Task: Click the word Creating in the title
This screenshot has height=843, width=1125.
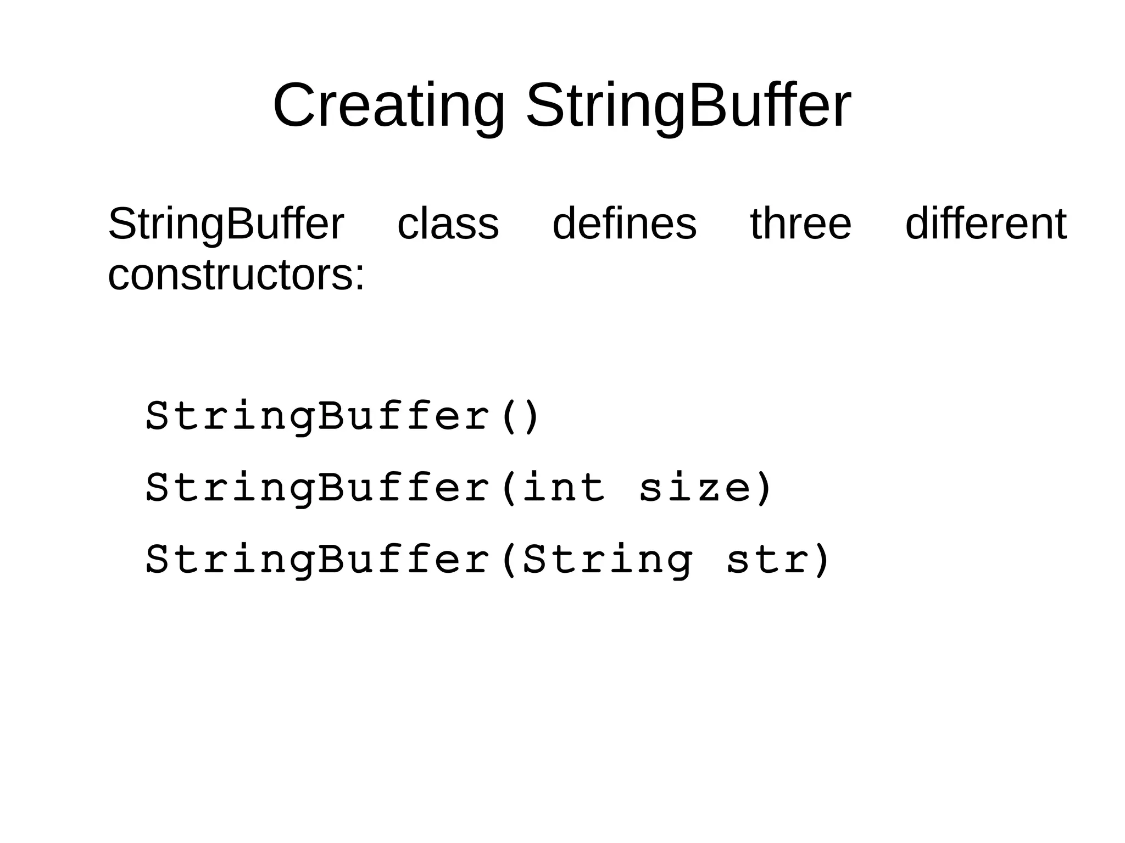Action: pyautogui.click(x=388, y=105)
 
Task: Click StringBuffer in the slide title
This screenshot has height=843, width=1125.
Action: pyautogui.click(x=688, y=105)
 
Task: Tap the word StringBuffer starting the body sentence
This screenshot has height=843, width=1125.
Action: pyautogui.click(x=226, y=224)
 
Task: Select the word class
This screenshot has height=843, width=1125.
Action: pyautogui.click(x=448, y=224)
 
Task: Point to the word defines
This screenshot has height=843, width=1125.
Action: pyautogui.click(x=624, y=224)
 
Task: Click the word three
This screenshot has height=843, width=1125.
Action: pyautogui.click(x=800, y=224)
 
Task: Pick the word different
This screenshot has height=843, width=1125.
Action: pyautogui.click(x=985, y=224)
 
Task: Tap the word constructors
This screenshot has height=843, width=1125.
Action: pyautogui.click(x=231, y=275)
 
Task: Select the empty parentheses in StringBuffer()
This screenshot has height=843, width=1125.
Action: pyautogui.click(x=520, y=416)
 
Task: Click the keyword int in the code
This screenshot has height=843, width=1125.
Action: pyautogui.click(x=564, y=488)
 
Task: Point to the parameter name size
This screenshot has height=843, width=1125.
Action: pyautogui.click(x=694, y=488)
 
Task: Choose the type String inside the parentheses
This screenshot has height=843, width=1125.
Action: pyautogui.click(x=608, y=560)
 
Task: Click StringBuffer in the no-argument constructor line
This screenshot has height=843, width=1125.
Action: pyautogui.click(x=318, y=416)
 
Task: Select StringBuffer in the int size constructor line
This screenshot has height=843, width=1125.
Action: pyautogui.click(x=318, y=488)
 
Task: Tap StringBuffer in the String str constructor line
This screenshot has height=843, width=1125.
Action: pyautogui.click(x=318, y=560)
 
